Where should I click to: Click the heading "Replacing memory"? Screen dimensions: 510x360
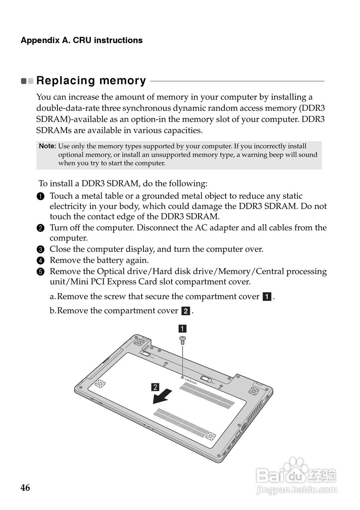pyautogui.click(x=91, y=80)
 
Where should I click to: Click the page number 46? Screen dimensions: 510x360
pyautogui.click(x=25, y=488)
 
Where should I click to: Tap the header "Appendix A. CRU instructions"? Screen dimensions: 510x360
pyautogui.click(x=81, y=40)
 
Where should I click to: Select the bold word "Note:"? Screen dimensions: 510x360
pyautogui.click(x=47, y=146)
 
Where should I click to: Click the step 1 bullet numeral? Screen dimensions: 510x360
pyautogui.click(x=40, y=196)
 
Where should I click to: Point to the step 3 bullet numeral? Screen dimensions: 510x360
pyautogui.click(x=40, y=250)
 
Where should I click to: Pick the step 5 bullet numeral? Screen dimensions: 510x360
pyautogui.click(x=40, y=272)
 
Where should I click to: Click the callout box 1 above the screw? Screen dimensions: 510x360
pyautogui.click(x=182, y=329)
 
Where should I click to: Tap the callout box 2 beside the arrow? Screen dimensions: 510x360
pyautogui.click(x=155, y=386)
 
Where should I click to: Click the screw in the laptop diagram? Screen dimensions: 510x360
pyautogui.click(x=183, y=339)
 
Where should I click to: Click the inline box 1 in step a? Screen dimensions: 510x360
pyautogui.click(x=267, y=297)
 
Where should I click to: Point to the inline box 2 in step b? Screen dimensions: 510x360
pyautogui.click(x=185, y=311)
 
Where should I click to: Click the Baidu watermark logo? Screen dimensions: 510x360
pyautogui.click(x=297, y=473)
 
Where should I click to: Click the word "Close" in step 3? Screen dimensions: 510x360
pyautogui.click(x=61, y=249)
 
